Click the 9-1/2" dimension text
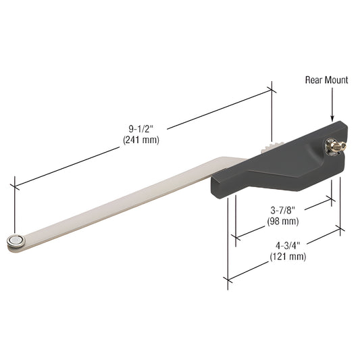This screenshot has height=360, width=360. [140, 126]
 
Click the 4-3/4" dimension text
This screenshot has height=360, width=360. [288, 245]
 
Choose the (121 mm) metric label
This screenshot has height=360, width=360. [288, 257]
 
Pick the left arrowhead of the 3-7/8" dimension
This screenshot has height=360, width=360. [236, 236]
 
